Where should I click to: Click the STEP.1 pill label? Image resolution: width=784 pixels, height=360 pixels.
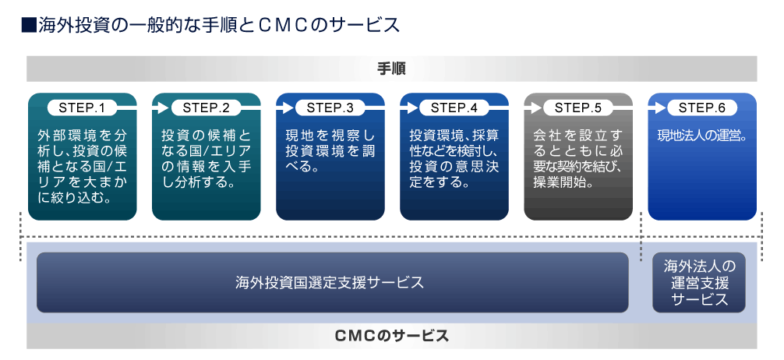click(x=83, y=108)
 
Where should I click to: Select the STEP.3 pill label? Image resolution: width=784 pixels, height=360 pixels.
click(x=330, y=108)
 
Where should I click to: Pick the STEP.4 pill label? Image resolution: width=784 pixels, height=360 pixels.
click(x=454, y=108)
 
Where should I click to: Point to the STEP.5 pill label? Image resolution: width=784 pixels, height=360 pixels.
click(x=578, y=108)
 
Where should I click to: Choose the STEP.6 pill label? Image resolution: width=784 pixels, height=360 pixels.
click(x=702, y=108)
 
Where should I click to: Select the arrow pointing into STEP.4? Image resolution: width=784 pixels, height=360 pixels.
click(x=409, y=108)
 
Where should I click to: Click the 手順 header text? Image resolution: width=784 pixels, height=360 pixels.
click(x=391, y=69)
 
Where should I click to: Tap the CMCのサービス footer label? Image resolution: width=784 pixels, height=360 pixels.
click(x=391, y=336)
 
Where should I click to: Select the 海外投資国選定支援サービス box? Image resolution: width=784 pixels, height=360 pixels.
click(x=333, y=283)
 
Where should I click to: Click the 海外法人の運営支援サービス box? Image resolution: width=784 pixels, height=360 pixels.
click(x=699, y=283)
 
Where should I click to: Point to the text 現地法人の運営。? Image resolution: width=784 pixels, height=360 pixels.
click(x=702, y=136)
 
